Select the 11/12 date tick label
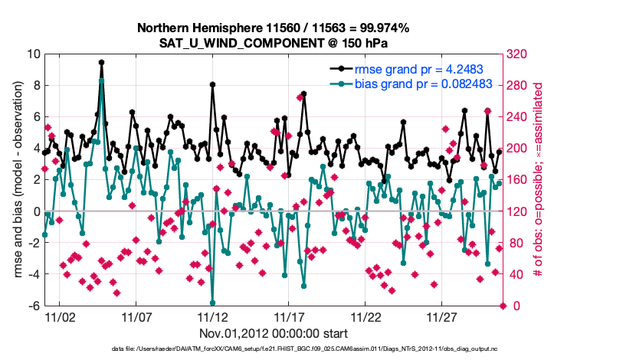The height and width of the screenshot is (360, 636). [212, 316]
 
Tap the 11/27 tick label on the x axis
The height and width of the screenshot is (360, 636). [442, 316]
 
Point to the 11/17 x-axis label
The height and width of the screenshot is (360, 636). [289, 316]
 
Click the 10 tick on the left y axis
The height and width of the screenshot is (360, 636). [33, 54]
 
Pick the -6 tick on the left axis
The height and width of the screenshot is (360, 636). [34, 306]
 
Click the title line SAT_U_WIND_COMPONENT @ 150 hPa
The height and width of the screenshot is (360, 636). [274, 42]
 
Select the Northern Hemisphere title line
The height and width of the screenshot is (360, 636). [274, 28]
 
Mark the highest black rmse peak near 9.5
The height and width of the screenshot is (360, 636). [101, 63]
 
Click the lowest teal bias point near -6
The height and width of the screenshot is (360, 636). [212, 303]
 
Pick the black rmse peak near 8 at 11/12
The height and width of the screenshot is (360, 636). [212, 85]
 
